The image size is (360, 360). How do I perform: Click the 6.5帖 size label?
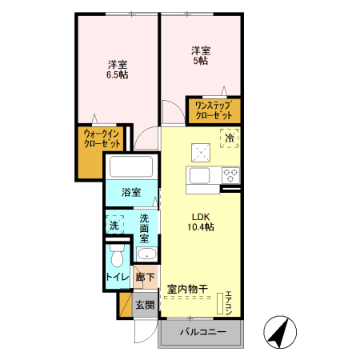pyautogui.click(x=118, y=74)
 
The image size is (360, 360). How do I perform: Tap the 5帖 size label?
pyautogui.click(x=199, y=60)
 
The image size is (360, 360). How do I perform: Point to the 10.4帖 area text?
pyautogui.click(x=202, y=228)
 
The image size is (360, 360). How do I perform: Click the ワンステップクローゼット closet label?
pyautogui.click(x=213, y=110)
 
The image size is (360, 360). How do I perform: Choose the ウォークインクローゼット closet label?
pyautogui.click(x=102, y=141)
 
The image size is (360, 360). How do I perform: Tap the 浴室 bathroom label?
pyautogui.click(x=131, y=193)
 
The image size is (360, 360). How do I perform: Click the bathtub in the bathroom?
pyautogui.click(x=131, y=168)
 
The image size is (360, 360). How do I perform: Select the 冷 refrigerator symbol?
pyautogui.click(x=230, y=138)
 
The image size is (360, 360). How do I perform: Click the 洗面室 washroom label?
pyautogui.click(x=144, y=228)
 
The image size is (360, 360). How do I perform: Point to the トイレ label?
pyautogui.click(x=117, y=278)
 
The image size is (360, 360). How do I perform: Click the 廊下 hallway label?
pyautogui.click(x=145, y=278)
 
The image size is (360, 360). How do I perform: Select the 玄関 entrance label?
pyautogui.click(x=144, y=305)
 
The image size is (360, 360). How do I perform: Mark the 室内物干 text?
pyautogui.click(x=187, y=289)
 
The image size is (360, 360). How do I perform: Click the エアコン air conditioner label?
pyautogui.click(x=228, y=302)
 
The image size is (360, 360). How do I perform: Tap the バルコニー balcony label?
pyautogui.click(x=202, y=332)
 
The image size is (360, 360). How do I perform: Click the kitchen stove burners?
pyautogui.click(x=230, y=174)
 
